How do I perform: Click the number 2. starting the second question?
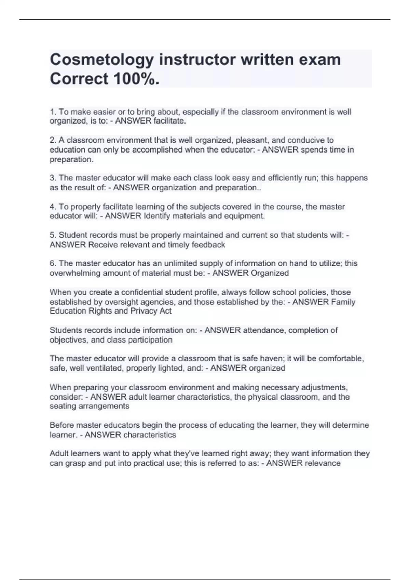tap(53, 140)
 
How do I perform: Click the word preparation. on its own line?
tap(71, 159)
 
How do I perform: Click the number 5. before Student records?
tap(53, 235)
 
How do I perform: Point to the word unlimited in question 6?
tap(180, 263)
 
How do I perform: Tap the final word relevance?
tap(322, 463)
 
